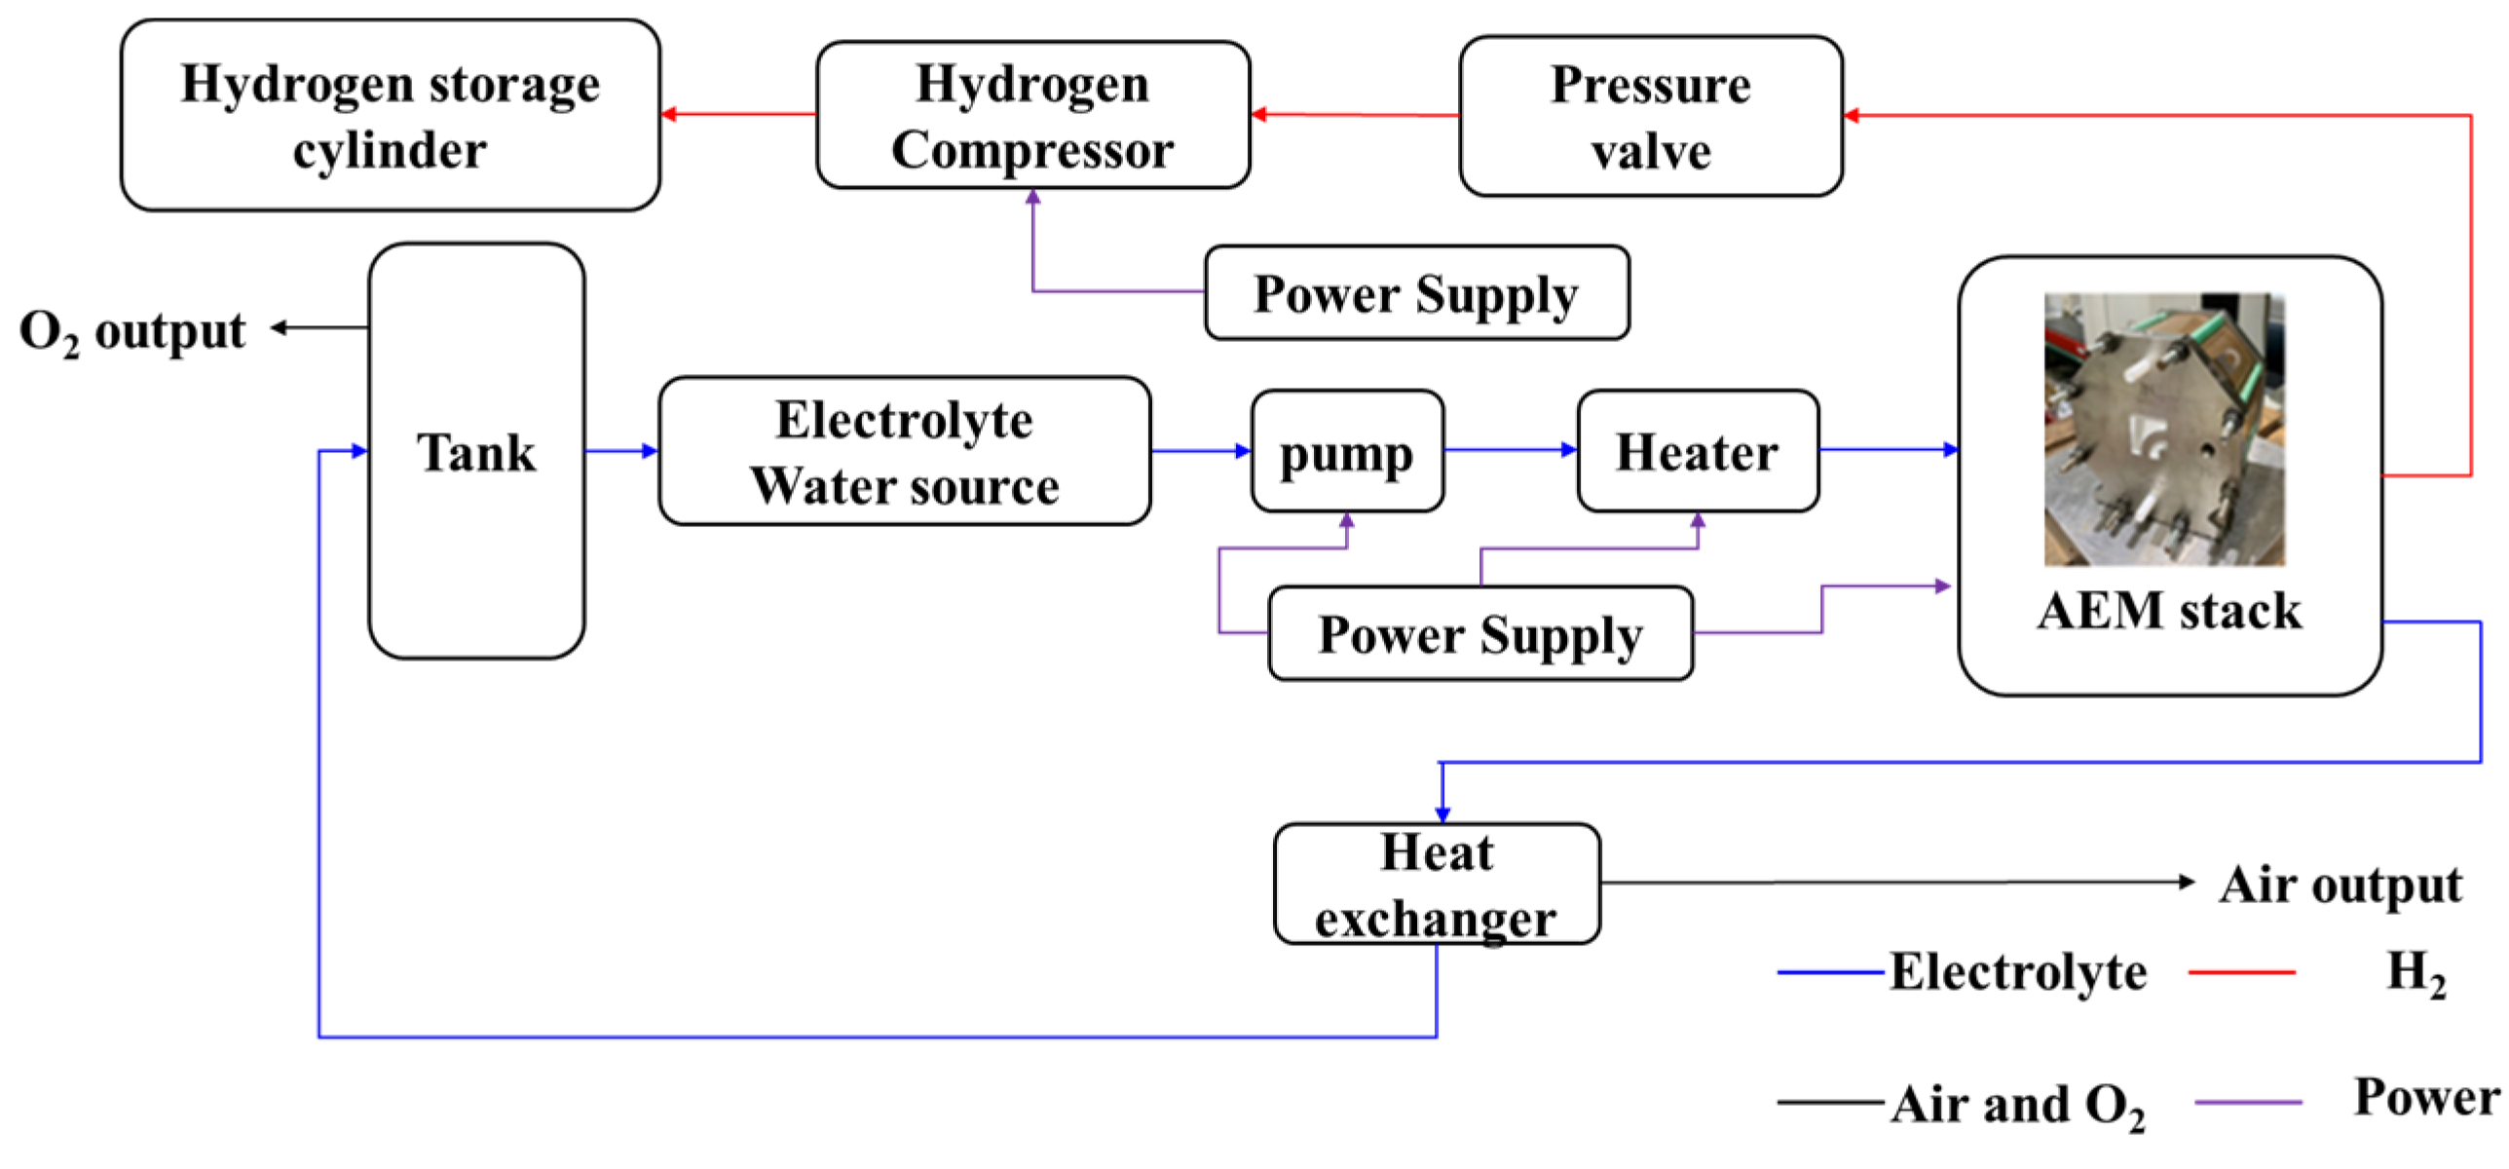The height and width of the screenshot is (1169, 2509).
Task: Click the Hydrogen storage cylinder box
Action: (390, 115)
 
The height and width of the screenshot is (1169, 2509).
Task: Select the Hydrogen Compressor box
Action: (1032, 115)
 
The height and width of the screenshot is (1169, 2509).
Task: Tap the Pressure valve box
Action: (1650, 117)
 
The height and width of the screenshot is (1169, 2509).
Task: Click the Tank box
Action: (476, 452)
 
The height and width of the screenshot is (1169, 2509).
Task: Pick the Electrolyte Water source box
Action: (904, 452)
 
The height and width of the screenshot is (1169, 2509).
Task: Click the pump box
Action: (1347, 452)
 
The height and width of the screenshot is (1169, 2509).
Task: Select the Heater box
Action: (1697, 452)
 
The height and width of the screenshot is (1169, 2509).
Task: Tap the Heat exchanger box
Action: (1436, 884)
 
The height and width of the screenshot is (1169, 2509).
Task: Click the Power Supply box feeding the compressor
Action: (1415, 293)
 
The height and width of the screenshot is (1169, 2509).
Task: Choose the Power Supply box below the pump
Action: (1479, 633)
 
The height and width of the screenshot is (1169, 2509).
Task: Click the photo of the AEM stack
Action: (2163, 429)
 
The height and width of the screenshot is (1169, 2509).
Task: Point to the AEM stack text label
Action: (2169, 612)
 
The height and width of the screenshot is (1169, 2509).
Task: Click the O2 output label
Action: (132, 331)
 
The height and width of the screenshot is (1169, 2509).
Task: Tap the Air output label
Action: (2340, 885)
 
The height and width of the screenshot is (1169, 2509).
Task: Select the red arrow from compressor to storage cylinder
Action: (738, 114)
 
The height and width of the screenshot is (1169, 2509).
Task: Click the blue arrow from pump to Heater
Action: (1510, 450)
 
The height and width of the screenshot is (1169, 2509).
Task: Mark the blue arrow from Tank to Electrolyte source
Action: (621, 451)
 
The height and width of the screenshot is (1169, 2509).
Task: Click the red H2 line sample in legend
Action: (2240, 972)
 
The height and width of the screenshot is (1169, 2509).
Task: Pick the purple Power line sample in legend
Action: (2247, 1103)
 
